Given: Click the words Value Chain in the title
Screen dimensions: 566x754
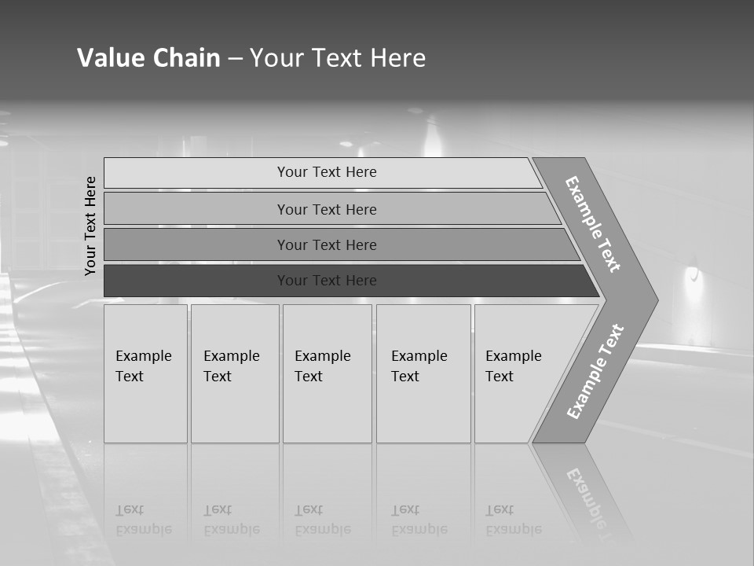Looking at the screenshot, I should click(148, 58).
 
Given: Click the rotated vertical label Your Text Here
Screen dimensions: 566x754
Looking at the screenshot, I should click(90, 226).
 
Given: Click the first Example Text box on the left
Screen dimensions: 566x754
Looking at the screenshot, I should click(145, 373).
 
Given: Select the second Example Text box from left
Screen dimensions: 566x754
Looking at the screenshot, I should click(235, 373).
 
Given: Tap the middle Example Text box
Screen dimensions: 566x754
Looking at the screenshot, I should click(327, 373).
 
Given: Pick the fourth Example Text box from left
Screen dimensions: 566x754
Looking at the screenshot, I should click(423, 373).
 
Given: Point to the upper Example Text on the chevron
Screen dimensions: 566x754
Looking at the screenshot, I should click(593, 224).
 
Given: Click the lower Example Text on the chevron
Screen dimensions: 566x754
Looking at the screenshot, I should click(595, 372).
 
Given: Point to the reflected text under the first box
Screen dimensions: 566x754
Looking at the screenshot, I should click(143, 520).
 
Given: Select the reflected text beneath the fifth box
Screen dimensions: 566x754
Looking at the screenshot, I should click(513, 520).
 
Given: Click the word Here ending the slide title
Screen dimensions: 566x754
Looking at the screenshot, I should click(398, 58).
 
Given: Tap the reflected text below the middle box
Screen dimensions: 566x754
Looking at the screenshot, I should click(322, 520).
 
